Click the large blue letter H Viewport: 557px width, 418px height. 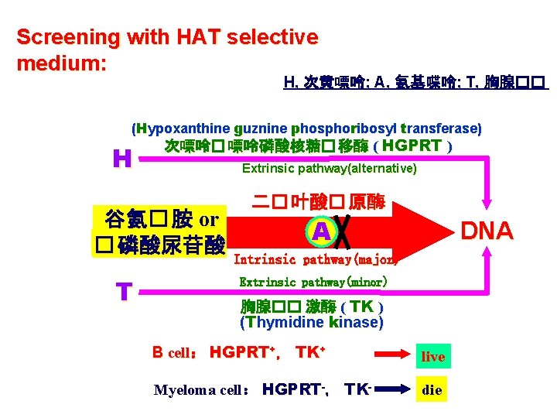coord(121,159)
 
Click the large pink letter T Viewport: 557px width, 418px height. coord(123,292)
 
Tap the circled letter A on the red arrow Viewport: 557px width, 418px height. coord(320,231)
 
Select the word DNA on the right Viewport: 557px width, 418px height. coord(487,231)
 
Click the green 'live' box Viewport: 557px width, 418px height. coord(432,356)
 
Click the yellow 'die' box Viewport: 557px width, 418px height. coord(432,389)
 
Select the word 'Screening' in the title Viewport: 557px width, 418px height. coord(58,37)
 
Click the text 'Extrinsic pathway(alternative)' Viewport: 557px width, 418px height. coord(329,168)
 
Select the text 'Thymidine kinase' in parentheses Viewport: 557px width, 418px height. coord(311,322)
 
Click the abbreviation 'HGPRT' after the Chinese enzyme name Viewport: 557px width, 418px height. coord(412,146)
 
